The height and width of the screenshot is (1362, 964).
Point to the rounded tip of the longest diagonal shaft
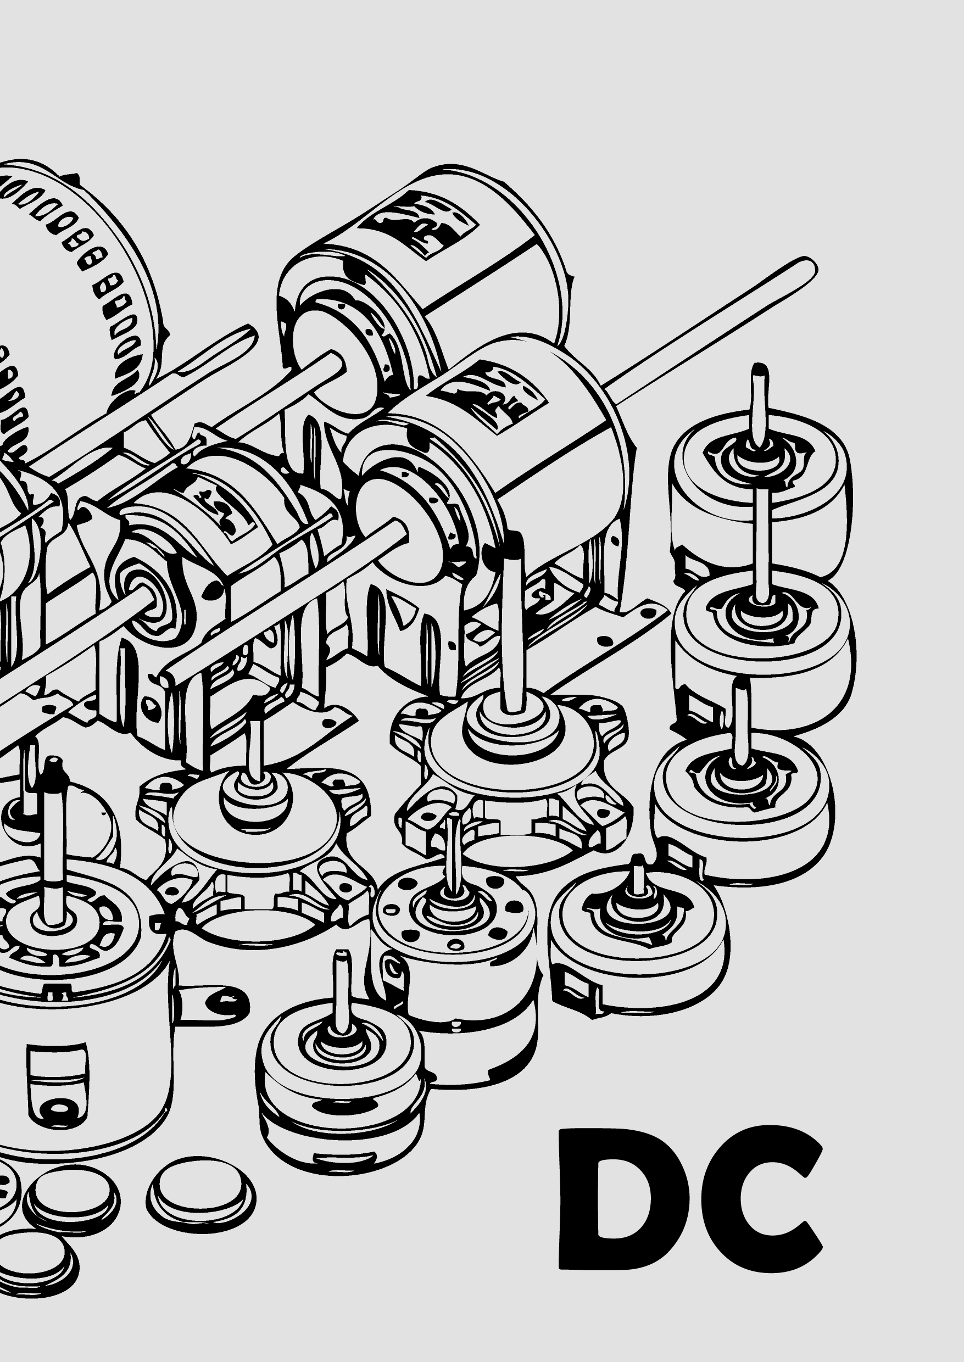pyautogui.click(x=808, y=265)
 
